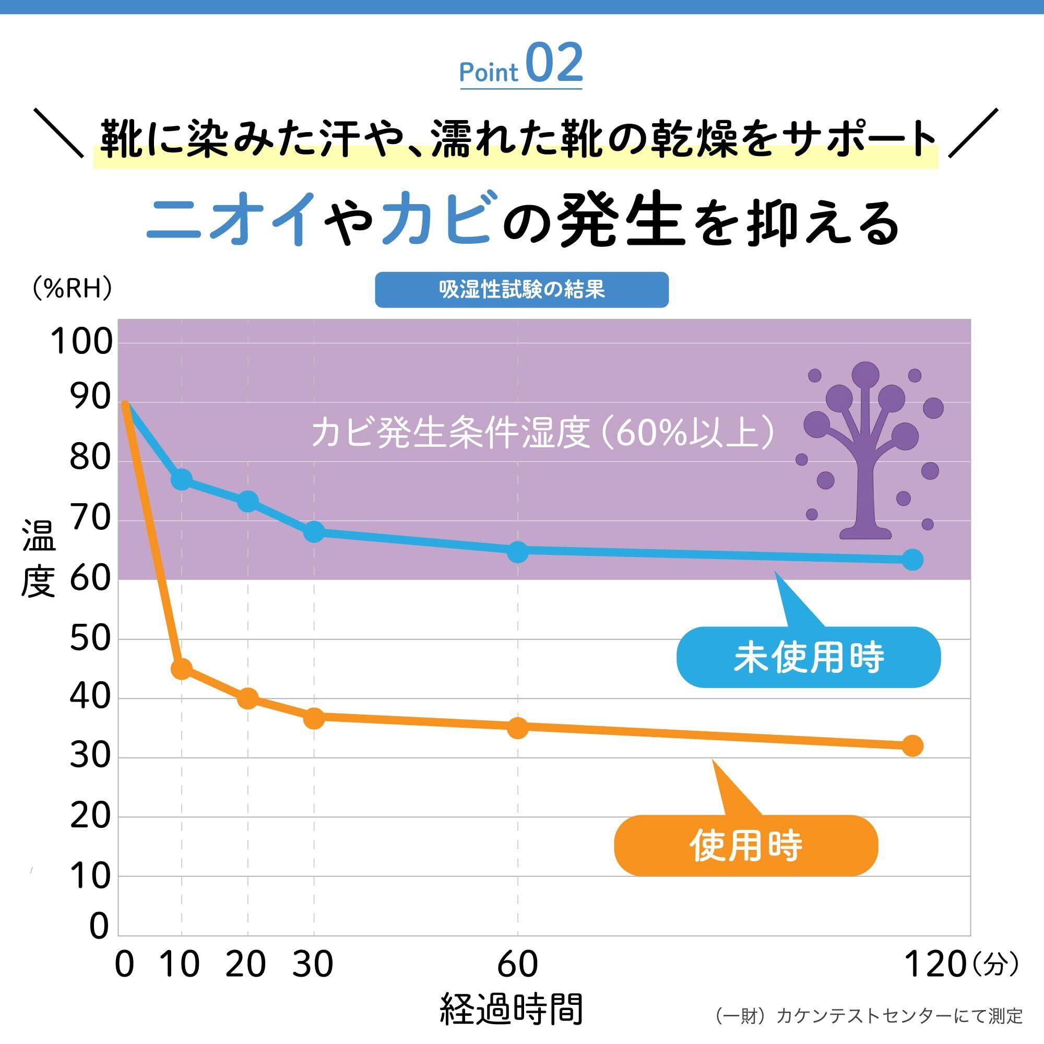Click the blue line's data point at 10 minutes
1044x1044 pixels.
[182, 479]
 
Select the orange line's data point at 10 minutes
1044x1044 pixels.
[182, 669]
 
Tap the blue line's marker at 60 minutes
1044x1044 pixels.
[518, 552]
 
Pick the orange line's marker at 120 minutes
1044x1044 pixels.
[912, 746]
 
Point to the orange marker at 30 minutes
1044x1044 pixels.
[314, 718]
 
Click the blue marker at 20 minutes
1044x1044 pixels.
[248, 502]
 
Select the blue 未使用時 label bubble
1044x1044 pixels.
[808, 657]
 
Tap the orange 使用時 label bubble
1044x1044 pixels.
[746, 846]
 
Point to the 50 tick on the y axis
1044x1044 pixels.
[90, 639]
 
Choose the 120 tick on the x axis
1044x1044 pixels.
[935, 964]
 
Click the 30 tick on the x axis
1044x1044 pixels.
[313, 964]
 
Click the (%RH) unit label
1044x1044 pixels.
[72, 289]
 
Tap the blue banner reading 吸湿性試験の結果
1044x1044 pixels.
[521, 290]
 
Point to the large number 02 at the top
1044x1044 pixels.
[554, 64]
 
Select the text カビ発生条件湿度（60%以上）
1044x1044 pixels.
[543, 433]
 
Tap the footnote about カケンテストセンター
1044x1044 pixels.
[869, 1016]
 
